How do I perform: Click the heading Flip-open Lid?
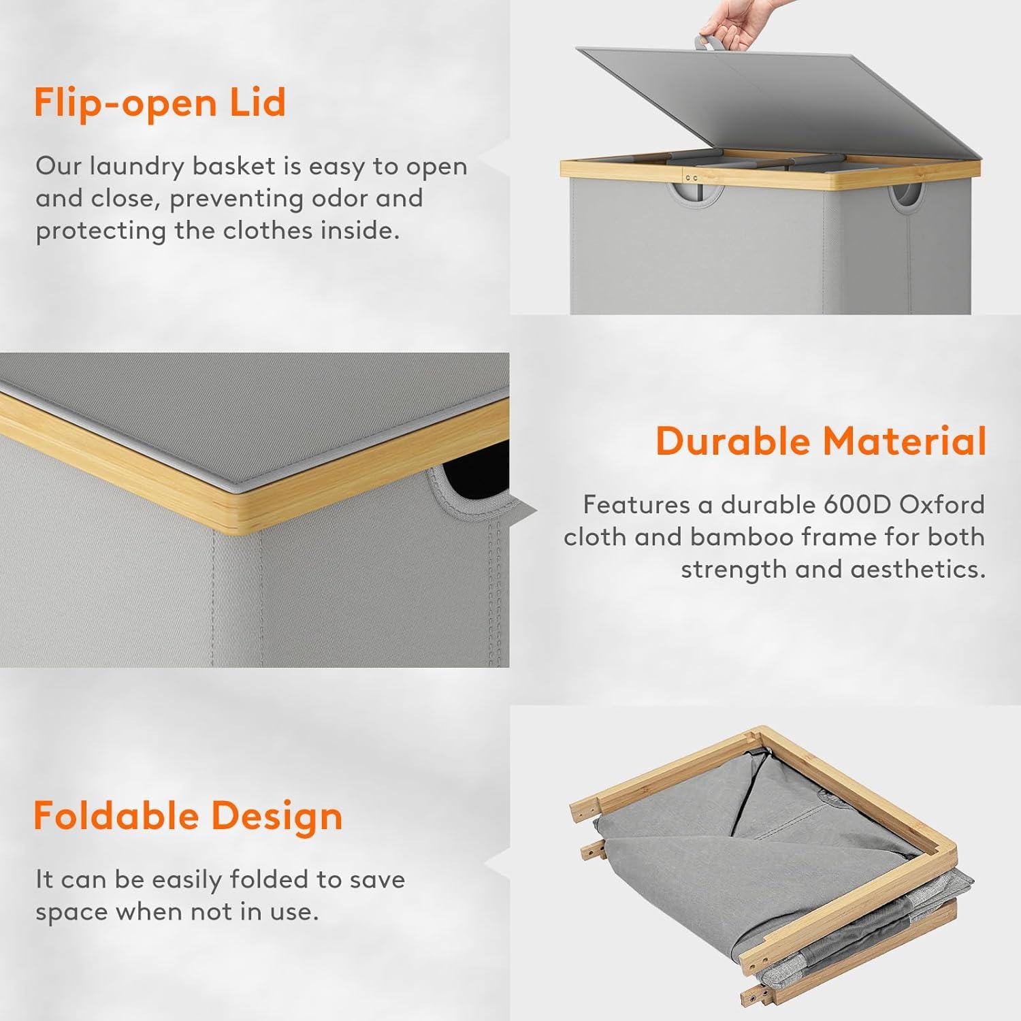coord(160,102)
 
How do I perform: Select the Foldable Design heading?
coord(188,815)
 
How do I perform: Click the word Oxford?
coord(943,504)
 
